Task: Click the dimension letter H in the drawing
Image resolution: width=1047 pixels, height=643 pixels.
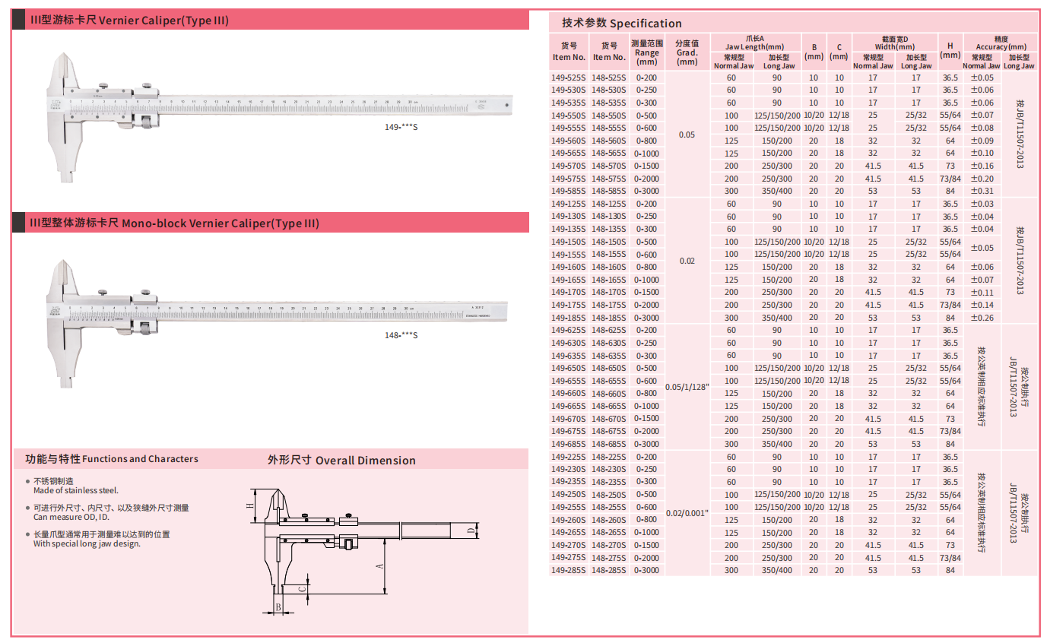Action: point(249,505)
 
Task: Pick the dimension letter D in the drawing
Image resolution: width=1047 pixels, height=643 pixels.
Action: point(471,530)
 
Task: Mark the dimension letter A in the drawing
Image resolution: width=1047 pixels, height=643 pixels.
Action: point(379,566)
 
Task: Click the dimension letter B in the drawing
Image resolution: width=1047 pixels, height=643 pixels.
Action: point(278,607)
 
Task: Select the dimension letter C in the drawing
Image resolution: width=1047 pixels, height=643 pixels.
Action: point(302,589)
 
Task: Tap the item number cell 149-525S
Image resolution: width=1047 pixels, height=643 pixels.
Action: point(569,78)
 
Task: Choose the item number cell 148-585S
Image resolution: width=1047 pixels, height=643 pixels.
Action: point(608,191)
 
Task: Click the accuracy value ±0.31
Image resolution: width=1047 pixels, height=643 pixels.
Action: point(982,191)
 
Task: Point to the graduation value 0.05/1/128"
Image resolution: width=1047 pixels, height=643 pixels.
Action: point(687,387)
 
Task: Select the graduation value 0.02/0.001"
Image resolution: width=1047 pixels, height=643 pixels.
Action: point(687,514)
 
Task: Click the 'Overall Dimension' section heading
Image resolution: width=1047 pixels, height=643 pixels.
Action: point(341,460)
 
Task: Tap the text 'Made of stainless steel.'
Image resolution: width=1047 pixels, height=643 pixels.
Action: point(76,491)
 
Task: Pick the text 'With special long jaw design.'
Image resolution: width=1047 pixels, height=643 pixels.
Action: point(87,543)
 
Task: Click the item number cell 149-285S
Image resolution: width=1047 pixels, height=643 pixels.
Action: point(569,570)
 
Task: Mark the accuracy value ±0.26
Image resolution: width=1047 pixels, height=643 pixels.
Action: point(982,318)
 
